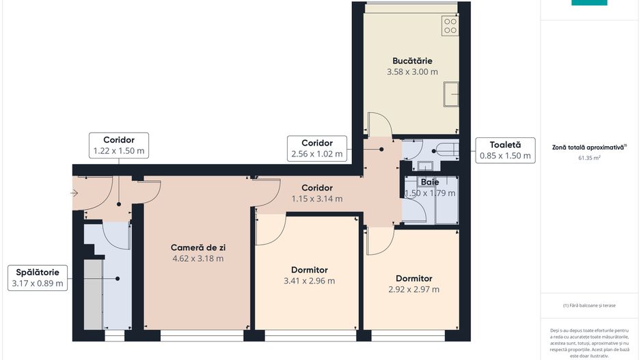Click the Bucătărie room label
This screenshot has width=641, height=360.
click(x=412, y=61)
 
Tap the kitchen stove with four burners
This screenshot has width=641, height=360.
click(x=450, y=26)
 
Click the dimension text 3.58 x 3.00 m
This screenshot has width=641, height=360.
click(x=412, y=71)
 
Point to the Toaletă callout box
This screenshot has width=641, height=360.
click(x=505, y=150)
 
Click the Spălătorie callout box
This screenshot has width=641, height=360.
click(x=38, y=277)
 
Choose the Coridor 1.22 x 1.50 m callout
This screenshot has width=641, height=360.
click(x=118, y=145)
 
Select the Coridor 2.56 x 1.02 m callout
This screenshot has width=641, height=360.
click(x=316, y=149)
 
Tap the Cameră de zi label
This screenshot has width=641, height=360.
click(x=198, y=247)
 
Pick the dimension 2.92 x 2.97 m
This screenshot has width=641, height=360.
click(x=413, y=289)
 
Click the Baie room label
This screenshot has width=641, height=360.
click(x=430, y=182)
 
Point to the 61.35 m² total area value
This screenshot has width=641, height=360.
click(x=589, y=158)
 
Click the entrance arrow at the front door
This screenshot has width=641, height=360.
click(x=74, y=193)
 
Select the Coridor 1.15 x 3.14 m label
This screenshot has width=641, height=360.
click(x=316, y=193)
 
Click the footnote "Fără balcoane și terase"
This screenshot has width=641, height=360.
click(x=589, y=305)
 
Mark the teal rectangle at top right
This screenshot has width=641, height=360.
click(x=589, y=3)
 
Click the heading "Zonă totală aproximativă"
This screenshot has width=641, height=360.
click(x=588, y=147)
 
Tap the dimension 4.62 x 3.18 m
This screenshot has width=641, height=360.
click(x=198, y=258)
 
